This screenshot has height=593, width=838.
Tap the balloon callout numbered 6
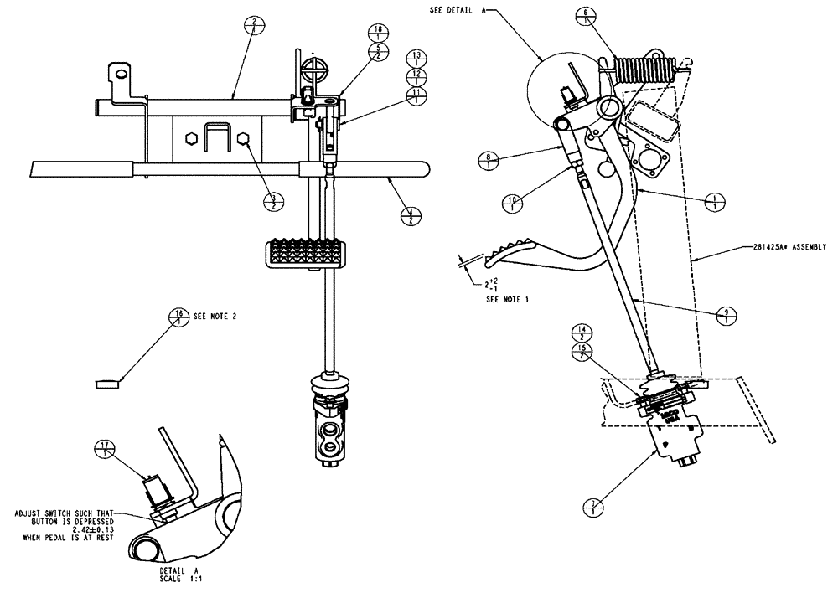coord(585,16)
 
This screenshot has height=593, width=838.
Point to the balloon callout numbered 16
coord(178,317)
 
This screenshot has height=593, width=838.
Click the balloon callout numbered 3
coord(274,201)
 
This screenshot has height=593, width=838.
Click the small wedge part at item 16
coord(108,384)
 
